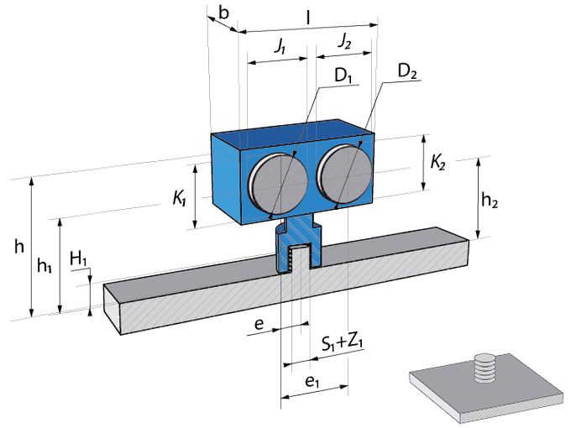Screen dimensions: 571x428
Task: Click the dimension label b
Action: click(223, 13)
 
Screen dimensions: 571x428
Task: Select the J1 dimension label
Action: click(280, 46)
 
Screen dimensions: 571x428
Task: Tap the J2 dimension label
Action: click(344, 40)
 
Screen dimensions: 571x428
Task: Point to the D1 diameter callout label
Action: click(343, 76)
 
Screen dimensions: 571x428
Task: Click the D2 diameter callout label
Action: click(407, 71)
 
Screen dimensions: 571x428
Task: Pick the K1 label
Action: click(179, 199)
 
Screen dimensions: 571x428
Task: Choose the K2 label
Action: click(437, 162)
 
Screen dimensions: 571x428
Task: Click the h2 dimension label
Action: click(490, 201)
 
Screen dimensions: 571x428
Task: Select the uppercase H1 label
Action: click(78, 258)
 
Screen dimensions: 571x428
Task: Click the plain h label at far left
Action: click(19, 246)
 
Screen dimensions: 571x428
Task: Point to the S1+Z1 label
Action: click(343, 343)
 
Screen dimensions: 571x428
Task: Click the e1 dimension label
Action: click(312, 381)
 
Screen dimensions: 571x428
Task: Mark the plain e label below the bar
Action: click(259, 324)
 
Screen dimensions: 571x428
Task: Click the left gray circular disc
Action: click(278, 184)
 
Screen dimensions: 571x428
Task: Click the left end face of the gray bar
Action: click(113, 309)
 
